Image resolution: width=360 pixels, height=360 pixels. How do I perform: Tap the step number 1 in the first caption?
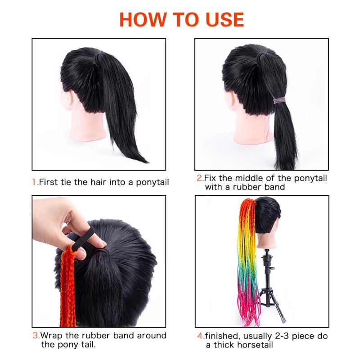tap(34, 182)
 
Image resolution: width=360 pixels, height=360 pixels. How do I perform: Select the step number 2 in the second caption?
tap(199, 178)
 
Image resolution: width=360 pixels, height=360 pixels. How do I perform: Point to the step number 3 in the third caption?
tap(35, 335)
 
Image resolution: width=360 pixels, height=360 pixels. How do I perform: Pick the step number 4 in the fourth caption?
tap(200, 336)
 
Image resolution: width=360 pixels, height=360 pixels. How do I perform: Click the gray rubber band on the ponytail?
tap(279, 100)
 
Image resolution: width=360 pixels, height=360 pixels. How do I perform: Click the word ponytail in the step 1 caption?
tap(153, 183)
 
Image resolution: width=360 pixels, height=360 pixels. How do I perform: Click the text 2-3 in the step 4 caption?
tap(282, 336)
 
